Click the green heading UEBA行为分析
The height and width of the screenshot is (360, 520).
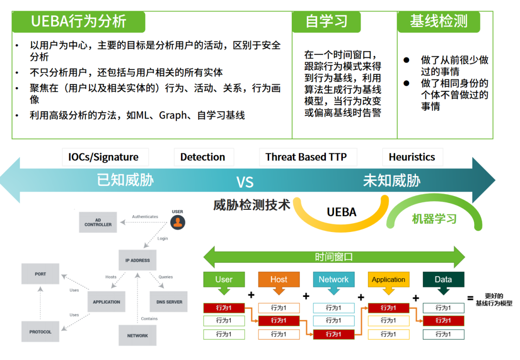(x=78, y=22)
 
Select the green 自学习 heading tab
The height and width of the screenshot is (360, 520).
(x=326, y=22)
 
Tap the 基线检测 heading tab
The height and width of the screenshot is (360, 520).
(x=439, y=22)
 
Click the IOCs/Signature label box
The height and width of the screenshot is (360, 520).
(x=103, y=157)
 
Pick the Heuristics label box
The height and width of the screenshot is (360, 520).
(x=412, y=157)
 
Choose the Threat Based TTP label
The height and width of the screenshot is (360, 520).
(x=305, y=157)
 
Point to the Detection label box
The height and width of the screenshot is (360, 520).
(x=203, y=157)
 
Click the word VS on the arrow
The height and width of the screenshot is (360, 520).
(x=245, y=182)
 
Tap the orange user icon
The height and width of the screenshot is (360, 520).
(x=178, y=222)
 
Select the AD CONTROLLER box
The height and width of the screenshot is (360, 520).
(x=98, y=222)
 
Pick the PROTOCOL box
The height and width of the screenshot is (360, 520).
(x=40, y=332)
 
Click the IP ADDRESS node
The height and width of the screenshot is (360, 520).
(x=137, y=260)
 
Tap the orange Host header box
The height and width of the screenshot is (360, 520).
(x=279, y=280)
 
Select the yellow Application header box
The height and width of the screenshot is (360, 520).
(x=389, y=280)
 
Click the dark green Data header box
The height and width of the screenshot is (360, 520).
(x=443, y=280)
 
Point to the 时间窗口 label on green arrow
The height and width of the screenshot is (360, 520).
(x=334, y=257)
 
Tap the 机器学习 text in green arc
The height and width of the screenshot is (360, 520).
(x=434, y=219)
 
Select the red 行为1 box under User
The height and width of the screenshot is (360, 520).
(x=224, y=308)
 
